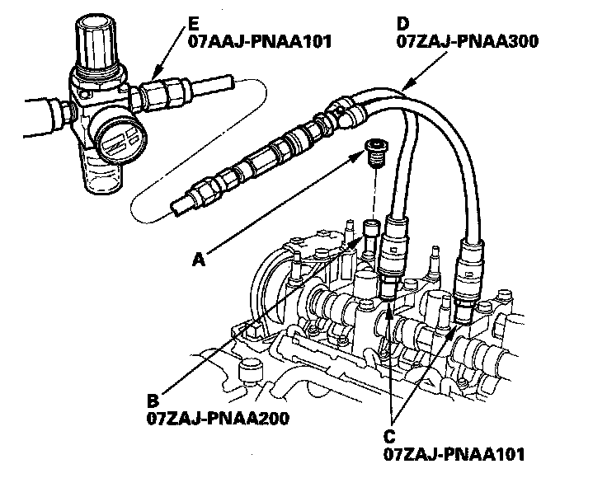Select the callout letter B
click(x=153, y=401)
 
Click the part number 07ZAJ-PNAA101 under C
click(x=454, y=452)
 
